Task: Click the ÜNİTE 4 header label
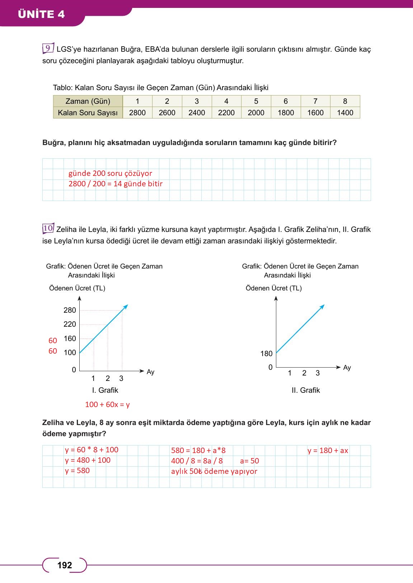tap(41, 14)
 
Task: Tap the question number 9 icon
tap(48, 48)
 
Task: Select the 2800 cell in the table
tap(137, 113)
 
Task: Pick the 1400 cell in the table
tap(345, 113)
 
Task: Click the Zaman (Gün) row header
tap(88, 101)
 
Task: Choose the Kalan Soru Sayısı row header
tap(88, 113)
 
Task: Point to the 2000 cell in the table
tap(256, 113)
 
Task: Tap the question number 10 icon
tap(48, 228)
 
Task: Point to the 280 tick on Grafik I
tap(70, 310)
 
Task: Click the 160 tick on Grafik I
tap(70, 339)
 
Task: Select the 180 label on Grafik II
tap(266, 354)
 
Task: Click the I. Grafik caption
tap(105, 390)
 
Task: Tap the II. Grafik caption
tap(305, 390)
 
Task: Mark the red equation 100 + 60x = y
tap(107, 405)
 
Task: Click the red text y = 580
tap(77, 471)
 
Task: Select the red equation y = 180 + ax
tap(328, 451)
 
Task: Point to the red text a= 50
tap(249, 461)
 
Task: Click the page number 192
tap(65, 565)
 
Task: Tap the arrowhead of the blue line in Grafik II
tap(323, 306)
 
